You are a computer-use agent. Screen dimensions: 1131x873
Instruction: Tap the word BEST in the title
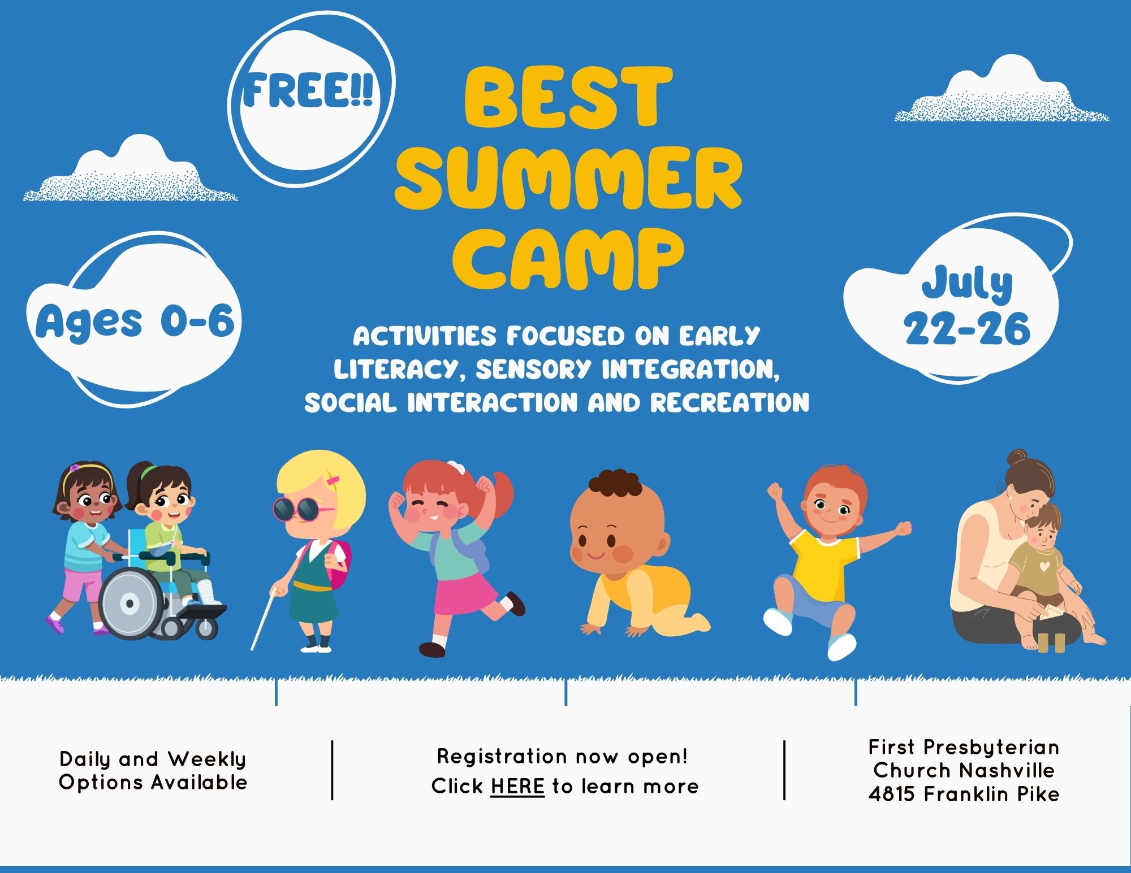click(x=568, y=97)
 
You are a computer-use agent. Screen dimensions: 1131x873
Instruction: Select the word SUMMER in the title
click(x=568, y=178)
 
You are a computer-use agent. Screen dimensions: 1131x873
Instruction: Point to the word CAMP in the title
click(x=568, y=259)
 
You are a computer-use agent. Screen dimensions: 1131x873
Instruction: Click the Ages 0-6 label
click(x=135, y=322)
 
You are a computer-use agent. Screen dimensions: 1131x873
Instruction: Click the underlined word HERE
click(x=517, y=786)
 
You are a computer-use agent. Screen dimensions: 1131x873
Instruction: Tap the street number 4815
click(x=892, y=794)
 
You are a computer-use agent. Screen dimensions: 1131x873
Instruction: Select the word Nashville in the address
click(x=1007, y=770)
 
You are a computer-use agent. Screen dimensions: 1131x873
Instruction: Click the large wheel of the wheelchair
click(x=130, y=603)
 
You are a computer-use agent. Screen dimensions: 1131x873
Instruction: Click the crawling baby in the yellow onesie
click(x=636, y=559)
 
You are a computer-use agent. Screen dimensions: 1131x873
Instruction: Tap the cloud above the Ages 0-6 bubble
click(x=131, y=170)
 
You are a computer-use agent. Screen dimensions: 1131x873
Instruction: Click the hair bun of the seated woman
click(x=1018, y=457)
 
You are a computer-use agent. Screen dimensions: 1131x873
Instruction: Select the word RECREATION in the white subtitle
click(x=729, y=403)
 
